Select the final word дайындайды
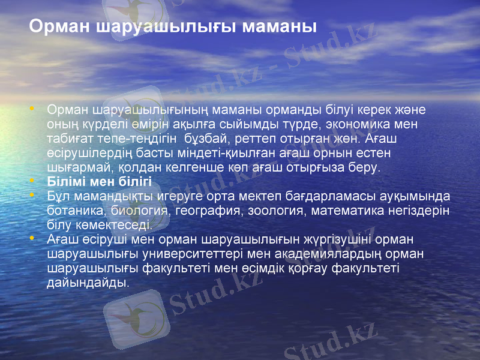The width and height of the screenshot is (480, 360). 88,282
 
